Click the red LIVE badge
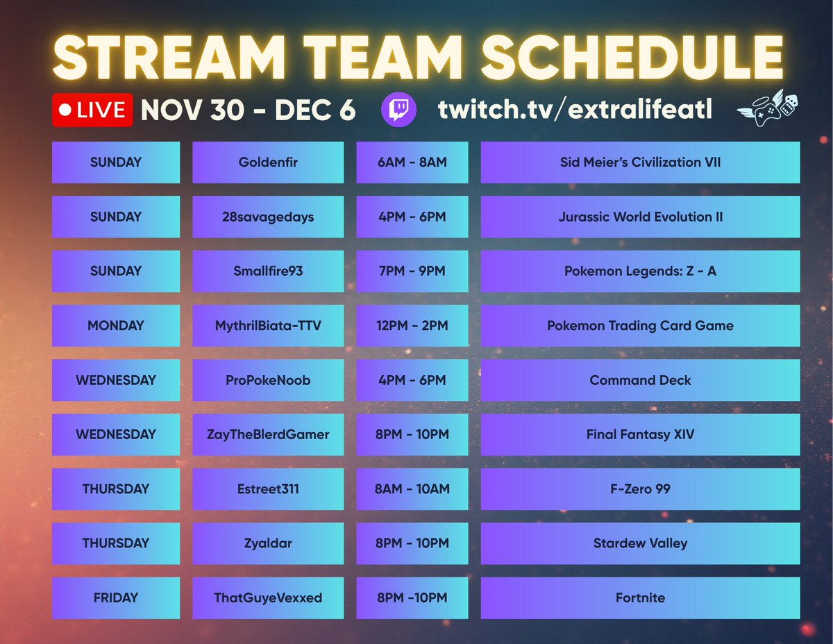92,110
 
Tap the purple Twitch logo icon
399,110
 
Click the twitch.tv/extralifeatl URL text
575,110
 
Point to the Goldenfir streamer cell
268,163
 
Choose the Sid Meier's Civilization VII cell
640,163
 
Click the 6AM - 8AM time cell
412,163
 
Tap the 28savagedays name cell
268,217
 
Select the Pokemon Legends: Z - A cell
640,271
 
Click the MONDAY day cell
116,325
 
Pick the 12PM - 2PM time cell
412,325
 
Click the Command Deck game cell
640,380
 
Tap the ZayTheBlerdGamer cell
268,434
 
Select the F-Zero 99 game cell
640,488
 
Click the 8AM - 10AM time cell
412,488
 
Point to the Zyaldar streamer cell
268,543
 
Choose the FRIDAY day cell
116,597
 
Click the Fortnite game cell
640,597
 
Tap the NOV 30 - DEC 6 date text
248,110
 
